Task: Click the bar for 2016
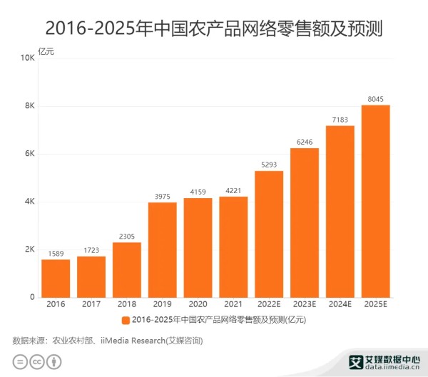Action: tap(56, 278)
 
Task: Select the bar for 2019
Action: tap(163, 249)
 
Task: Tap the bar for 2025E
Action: tap(376, 201)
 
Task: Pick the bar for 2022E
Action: tap(269, 234)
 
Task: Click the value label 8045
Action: tap(376, 98)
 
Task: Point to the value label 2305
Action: tap(127, 236)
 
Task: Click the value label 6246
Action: tap(305, 141)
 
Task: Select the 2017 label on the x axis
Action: tap(91, 305)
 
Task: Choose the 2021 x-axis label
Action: tap(233, 305)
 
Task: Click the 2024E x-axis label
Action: tap(340, 305)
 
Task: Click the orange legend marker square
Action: tap(126, 319)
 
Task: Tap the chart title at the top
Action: tap(213, 29)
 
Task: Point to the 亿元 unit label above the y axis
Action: tap(46, 51)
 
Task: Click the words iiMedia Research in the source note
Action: tap(133, 340)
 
